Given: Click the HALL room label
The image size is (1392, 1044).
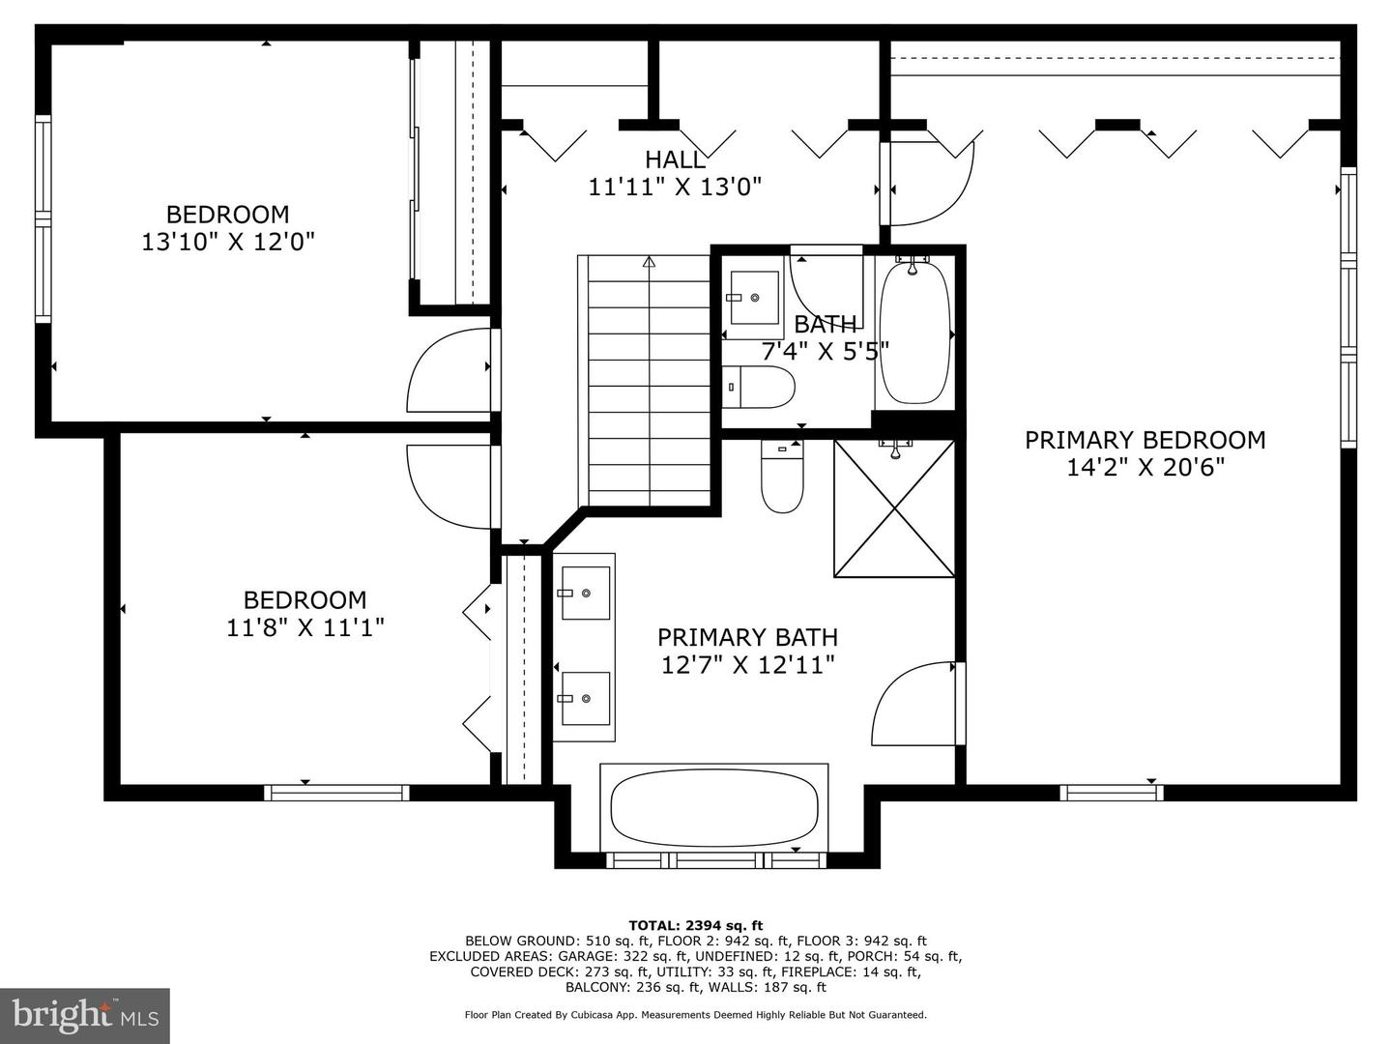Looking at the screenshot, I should pos(675,159).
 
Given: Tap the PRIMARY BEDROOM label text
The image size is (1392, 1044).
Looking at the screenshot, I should pos(1145,441).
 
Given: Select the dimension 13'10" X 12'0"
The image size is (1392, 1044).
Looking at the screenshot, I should pos(228,242).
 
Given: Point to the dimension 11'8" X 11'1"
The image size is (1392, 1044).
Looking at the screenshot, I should pos(305,628).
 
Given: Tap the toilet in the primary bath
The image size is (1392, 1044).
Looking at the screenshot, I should pos(782,478).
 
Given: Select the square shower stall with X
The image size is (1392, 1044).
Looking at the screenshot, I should pos(894,508).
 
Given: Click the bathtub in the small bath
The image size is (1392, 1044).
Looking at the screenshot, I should pos(913,333).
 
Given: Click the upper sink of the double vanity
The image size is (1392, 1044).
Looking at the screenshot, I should pos(585,593).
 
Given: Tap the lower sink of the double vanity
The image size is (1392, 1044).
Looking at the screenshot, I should pos(585,698).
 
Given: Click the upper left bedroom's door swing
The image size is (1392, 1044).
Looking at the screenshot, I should pos(447,373).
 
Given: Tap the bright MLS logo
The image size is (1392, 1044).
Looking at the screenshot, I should pos(85,1015).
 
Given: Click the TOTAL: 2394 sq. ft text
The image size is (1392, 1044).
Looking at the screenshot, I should pos(695,925).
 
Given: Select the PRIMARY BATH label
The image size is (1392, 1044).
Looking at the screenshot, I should pos(747,638).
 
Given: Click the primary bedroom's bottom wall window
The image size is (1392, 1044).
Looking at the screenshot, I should pos(1111,793).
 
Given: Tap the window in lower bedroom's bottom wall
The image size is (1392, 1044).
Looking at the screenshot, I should pos(336,793).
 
